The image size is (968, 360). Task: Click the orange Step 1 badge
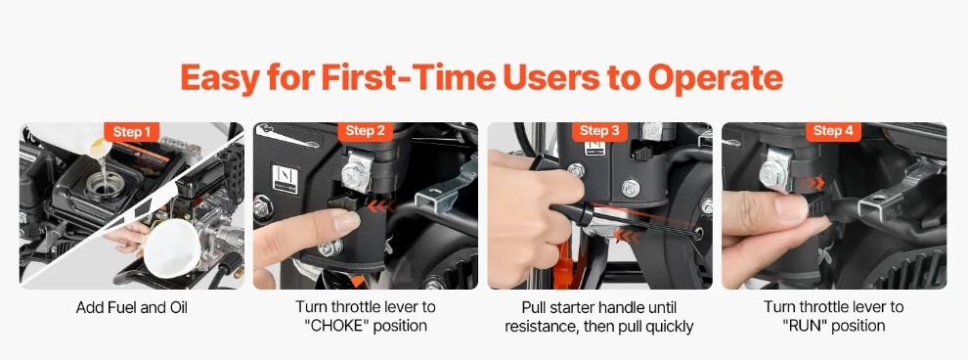[x=131, y=131]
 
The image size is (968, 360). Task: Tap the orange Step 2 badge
[x=366, y=131]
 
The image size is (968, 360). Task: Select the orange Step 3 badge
[x=599, y=131]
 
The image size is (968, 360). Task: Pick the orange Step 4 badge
[x=833, y=131]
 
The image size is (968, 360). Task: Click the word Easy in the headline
[x=219, y=79]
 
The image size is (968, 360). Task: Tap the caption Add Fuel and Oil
[x=131, y=307]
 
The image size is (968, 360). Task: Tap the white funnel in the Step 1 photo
[x=172, y=247]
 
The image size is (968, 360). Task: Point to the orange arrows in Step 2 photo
[x=380, y=206]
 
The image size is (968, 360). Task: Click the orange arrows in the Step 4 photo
[x=811, y=183]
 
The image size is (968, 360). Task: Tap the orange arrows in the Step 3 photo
[x=626, y=236]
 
